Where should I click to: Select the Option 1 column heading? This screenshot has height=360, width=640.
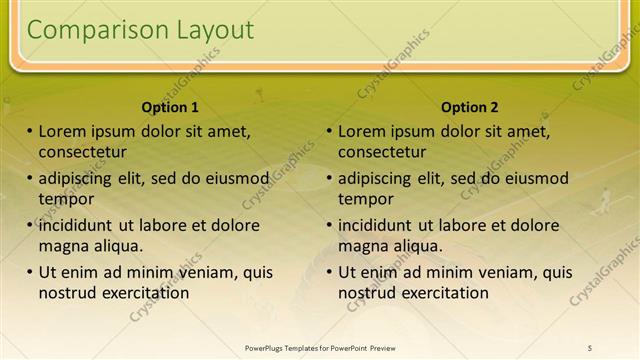pyautogui.click(x=170, y=107)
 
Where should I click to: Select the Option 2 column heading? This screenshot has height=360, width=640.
pyautogui.click(x=469, y=107)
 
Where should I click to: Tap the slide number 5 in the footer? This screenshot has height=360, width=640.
pyautogui.click(x=589, y=348)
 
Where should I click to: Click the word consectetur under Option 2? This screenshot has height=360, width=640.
pyautogui.click(x=382, y=152)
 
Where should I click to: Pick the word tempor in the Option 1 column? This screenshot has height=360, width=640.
pyautogui.click(x=65, y=199)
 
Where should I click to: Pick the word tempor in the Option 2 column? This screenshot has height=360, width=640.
pyautogui.click(x=365, y=199)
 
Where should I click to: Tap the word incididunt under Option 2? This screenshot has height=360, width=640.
pyautogui.click(x=382, y=225)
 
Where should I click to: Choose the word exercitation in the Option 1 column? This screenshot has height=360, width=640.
pyautogui.click(x=144, y=293)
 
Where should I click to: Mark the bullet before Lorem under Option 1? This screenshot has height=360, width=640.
pyautogui.click(x=30, y=131)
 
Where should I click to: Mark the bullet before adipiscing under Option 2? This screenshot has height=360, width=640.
pyautogui.click(x=330, y=178)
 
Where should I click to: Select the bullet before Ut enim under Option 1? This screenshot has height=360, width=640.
pyautogui.click(x=30, y=272)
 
